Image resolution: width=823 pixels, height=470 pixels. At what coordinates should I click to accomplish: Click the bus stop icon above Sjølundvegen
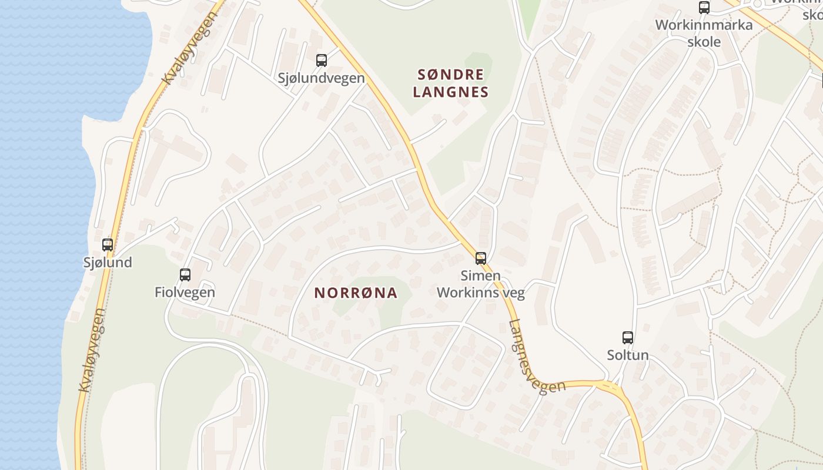[x=321, y=60]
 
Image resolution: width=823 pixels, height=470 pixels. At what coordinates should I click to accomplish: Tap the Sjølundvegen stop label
[x=321, y=78]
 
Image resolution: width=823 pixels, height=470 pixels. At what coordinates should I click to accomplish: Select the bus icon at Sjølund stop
[x=107, y=244]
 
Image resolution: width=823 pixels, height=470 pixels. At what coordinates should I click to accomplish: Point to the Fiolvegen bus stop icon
[x=185, y=274]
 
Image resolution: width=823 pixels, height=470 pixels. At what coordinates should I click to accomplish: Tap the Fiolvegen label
[x=185, y=292]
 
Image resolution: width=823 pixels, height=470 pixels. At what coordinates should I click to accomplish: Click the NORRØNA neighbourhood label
[x=356, y=293]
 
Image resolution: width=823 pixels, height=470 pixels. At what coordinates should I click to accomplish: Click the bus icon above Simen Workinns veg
[x=480, y=258]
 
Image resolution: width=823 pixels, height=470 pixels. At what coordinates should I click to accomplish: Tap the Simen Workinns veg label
[x=480, y=284]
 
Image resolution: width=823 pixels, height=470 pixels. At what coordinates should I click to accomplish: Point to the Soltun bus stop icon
[x=628, y=338]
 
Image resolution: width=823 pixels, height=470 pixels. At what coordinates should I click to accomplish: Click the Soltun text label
[x=628, y=355]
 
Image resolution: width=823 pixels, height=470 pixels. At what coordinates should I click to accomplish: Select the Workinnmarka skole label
[x=704, y=33]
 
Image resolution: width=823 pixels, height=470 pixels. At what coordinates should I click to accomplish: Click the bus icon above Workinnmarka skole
[x=704, y=8]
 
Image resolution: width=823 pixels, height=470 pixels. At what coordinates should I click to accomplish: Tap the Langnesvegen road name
[x=536, y=358]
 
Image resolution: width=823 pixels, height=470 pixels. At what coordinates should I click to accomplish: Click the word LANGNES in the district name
[x=451, y=92]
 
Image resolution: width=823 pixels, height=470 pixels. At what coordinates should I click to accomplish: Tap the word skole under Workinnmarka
[x=704, y=42]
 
